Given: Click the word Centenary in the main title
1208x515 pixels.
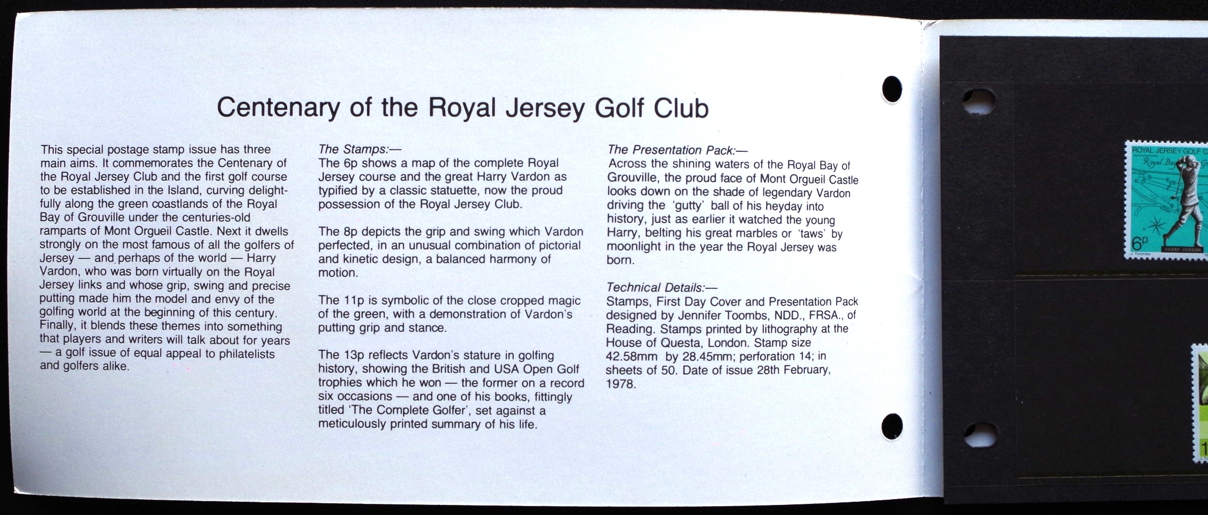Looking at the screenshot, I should click(x=278, y=108).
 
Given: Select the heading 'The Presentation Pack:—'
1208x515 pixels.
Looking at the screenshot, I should click(x=677, y=150).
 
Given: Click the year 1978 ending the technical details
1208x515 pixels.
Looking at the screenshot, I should click(x=621, y=383).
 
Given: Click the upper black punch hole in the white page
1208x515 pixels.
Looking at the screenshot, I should click(x=892, y=89).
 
